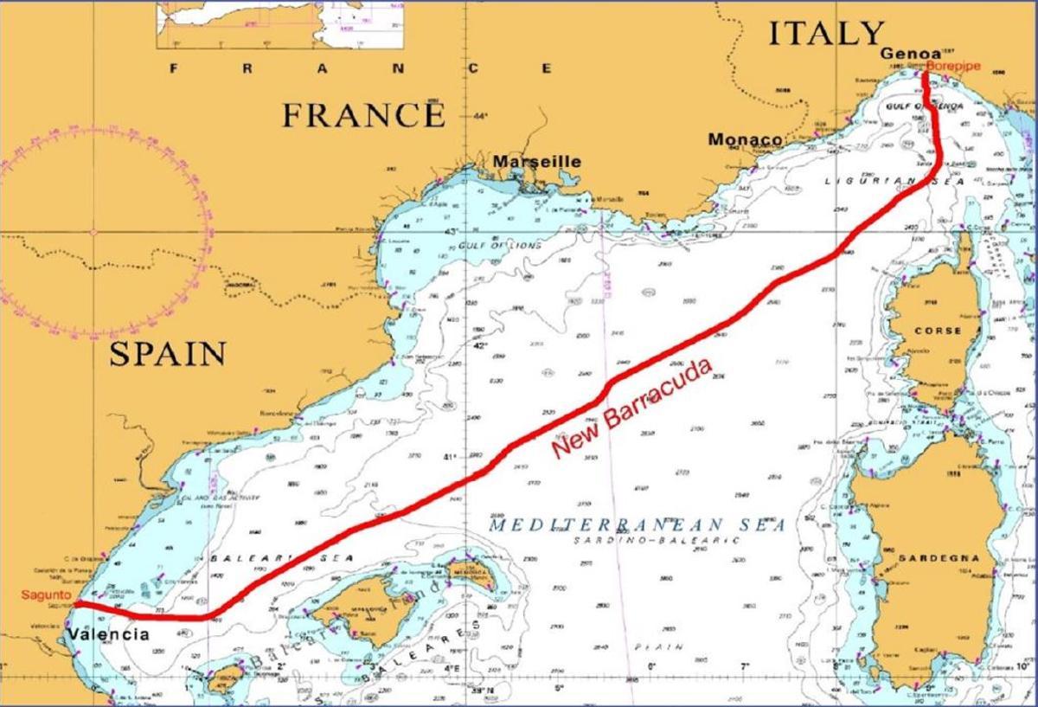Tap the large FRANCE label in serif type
point(363,114)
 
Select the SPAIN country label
point(168,353)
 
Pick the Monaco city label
point(745,139)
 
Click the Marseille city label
point(537,162)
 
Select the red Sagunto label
point(42,595)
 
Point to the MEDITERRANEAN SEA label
point(636,525)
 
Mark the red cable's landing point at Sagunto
point(76,603)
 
